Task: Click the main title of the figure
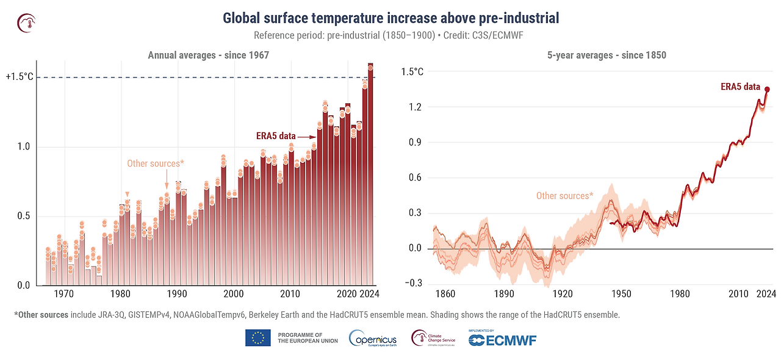[x=390, y=18]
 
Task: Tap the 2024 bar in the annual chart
[x=370, y=177]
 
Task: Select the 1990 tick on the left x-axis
[x=177, y=294]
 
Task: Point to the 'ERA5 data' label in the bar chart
[x=276, y=136]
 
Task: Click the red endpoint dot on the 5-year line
[x=767, y=89]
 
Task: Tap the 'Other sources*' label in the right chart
[x=564, y=196]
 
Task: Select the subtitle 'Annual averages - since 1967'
[x=209, y=56]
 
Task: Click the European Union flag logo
[x=258, y=337]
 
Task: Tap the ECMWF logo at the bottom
[x=502, y=339]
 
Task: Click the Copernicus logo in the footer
[x=373, y=338]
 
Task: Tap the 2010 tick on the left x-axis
[x=290, y=294]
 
